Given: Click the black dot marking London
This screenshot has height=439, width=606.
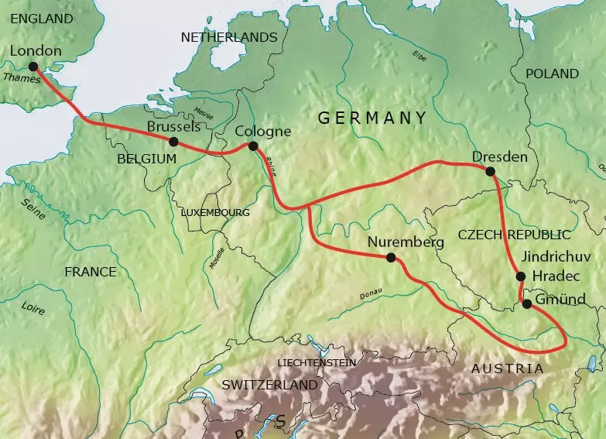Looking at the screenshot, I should pyautogui.click(x=33, y=67).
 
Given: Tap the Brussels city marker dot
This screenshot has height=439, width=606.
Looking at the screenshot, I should pyautogui.click(x=173, y=142).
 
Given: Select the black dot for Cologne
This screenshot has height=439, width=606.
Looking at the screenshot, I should pyautogui.click(x=252, y=146).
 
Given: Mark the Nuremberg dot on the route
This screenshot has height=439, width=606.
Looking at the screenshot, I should pyautogui.click(x=391, y=258).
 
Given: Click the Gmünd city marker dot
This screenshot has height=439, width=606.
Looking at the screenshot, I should pyautogui.click(x=526, y=304).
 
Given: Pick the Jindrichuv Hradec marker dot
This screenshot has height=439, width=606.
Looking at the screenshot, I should pyautogui.click(x=520, y=276).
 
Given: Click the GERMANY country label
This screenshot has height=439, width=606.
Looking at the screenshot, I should pyautogui.click(x=372, y=118).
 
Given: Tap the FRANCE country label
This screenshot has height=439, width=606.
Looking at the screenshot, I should pyautogui.click(x=90, y=272).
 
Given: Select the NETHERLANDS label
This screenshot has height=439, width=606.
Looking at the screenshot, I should pyautogui.click(x=228, y=37).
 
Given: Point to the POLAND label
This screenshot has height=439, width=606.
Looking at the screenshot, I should pyautogui.click(x=552, y=74).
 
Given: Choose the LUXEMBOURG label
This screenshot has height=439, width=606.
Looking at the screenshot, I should pyautogui.click(x=214, y=211).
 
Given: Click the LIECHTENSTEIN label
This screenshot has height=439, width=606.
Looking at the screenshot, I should pyautogui.click(x=317, y=362).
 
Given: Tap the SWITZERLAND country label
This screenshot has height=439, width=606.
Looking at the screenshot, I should pyautogui.click(x=269, y=385).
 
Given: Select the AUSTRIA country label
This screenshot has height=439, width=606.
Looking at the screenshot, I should pyautogui.click(x=507, y=369).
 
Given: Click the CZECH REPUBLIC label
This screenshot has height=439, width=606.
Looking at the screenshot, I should pyautogui.click(x=514, y=235).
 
